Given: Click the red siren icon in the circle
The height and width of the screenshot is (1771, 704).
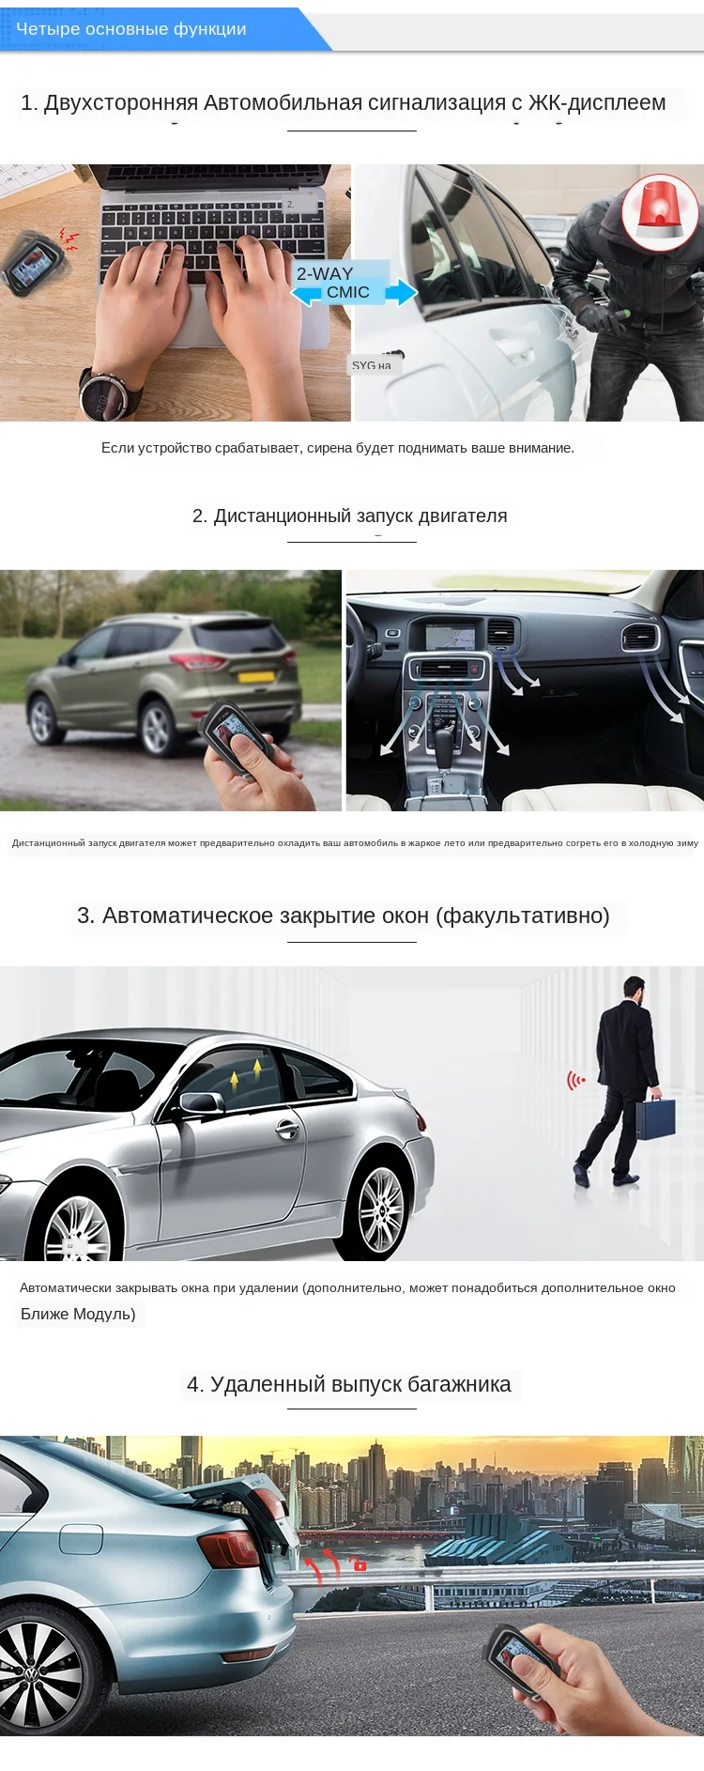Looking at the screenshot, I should click(x=661, y=211).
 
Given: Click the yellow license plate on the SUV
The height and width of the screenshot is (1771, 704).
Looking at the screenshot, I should click(x=256, y=676).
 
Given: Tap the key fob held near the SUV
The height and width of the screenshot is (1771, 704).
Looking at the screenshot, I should click(x=234, y=731).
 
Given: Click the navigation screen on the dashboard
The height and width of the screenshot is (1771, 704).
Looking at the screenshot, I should click(x=450, y=638).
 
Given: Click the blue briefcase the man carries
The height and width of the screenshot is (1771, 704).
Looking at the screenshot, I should click(x=655, y=1118).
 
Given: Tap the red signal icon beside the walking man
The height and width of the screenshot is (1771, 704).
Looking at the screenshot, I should click(x=575, y=1080).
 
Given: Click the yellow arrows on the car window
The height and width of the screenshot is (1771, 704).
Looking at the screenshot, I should click(x=246, y=1071).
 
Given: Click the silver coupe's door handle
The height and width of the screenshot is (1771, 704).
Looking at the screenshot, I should click(x=287, y=1130).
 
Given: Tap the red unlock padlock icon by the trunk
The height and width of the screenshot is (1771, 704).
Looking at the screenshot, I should click(x=360, y=1564).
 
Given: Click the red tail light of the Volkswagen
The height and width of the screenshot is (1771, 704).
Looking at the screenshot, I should click(x=229, y=1547).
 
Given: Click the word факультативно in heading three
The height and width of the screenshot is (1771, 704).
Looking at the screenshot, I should click(x=522, y=916).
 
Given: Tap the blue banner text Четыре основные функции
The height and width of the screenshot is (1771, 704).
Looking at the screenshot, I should click(x=131, y=29).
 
